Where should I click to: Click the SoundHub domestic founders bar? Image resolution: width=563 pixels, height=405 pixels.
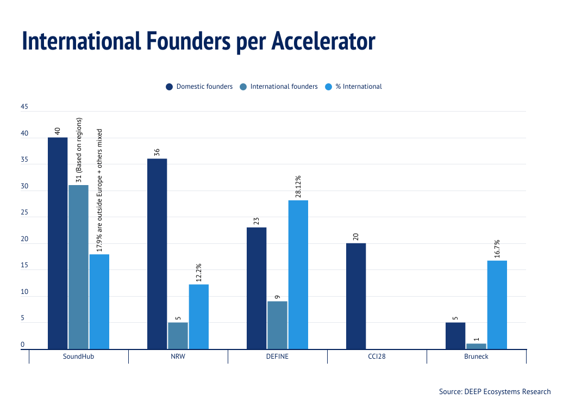coord(58,243)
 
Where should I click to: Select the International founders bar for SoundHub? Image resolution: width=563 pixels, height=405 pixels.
coord(78,267)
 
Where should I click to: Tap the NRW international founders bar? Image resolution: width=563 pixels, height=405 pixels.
coord(178,335)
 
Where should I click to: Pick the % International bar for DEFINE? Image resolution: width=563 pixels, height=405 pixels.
coord(298,274)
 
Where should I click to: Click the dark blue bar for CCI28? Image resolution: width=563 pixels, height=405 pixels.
coord(356,296)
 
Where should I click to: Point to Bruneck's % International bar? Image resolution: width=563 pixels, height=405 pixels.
coord(497,304)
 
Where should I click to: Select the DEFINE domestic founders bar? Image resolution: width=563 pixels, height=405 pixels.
coord(257,288)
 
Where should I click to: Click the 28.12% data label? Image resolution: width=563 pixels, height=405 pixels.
coord(298,186)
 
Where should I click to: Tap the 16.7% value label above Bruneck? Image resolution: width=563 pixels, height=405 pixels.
coord(497,249)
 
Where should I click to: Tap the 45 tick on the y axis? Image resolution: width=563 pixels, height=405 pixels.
coord(24,107)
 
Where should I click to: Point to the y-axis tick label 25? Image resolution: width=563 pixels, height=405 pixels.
coord(24,213)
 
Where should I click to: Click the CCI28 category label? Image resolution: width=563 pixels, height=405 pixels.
coord(377,357)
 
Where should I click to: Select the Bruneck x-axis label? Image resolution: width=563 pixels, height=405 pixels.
coord(476,357)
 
